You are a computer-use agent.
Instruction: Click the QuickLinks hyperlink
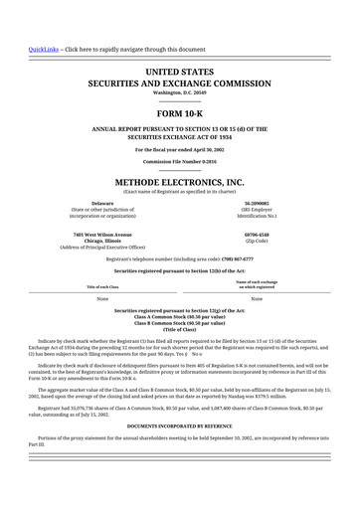pyautogui.click(x=43, y=49)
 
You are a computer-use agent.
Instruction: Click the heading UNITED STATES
pyautogui.click(x=179, y=73)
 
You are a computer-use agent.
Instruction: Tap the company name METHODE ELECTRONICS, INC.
pyautogui.click(x=179, y=183)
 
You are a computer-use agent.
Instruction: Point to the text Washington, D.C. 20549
pyautogui.click(x=179, y=93)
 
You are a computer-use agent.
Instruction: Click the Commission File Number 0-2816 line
pyautogui.click(x=179, y=161)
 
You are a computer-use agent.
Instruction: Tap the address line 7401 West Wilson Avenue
pyautogui.click(x=101, y=234)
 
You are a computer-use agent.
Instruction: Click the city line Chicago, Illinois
pyautogui.click(x=101, y=240)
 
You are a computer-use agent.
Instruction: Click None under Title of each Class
pyautogui.click(x=101, y=298)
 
